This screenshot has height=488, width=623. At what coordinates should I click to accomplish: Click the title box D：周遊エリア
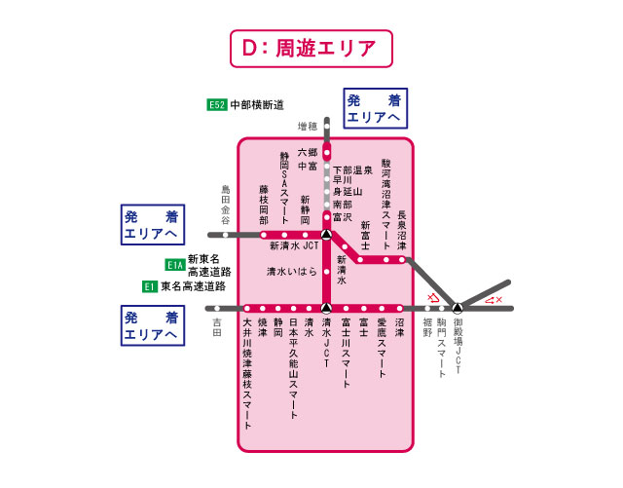(310, 47)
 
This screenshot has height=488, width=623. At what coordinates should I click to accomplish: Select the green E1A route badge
(175, 264)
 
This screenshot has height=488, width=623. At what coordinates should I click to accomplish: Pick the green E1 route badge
(150, 286)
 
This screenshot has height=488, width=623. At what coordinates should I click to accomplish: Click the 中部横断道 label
(257, 105)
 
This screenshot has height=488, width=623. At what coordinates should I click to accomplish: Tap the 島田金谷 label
(226, 204)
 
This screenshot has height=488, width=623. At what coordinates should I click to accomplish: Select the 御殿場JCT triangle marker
(457, 309)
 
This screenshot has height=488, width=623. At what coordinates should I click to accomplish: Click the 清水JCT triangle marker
(326, 309)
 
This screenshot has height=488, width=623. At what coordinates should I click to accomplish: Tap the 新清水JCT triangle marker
(326, 235)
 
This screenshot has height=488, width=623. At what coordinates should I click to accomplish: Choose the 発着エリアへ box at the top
(375, 107)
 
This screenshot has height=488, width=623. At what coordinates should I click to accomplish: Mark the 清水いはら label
(292, 272)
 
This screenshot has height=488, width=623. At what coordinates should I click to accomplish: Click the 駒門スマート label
(441, 347)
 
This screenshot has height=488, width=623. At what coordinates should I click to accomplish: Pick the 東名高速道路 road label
(193, 286)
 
